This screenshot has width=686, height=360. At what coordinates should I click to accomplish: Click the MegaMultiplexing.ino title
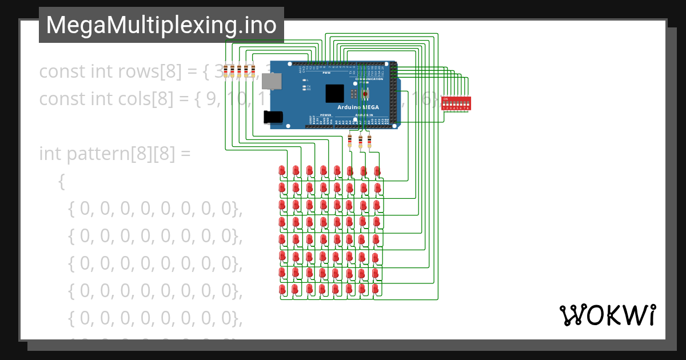161,25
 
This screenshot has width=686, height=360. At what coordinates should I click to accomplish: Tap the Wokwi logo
607,315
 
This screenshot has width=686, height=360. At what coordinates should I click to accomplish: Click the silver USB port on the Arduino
271,81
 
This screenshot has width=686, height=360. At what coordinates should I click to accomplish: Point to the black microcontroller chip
335,93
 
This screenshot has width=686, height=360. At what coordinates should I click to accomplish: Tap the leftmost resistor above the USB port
226,71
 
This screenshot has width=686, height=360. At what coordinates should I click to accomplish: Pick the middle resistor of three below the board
360,141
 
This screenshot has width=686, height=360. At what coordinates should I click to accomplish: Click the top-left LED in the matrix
282,170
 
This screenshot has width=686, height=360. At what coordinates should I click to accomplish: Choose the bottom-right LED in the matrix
377,290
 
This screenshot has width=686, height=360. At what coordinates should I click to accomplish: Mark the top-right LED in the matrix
377,170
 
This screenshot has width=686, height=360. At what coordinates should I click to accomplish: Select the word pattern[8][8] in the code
122,154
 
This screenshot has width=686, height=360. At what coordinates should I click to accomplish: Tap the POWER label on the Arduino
325,115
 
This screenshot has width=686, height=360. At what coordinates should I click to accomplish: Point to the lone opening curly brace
62,182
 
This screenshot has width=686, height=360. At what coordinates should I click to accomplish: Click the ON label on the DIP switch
446,98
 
